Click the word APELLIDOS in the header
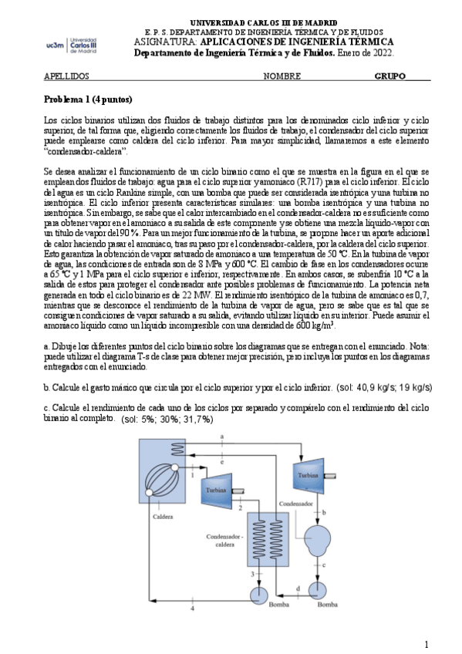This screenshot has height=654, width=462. click(x=66, y=77)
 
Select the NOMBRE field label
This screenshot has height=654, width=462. click(x=282, y=77)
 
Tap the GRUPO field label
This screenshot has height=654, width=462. click(x=390, y=77)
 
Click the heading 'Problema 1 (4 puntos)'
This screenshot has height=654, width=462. click(x=88, y=100)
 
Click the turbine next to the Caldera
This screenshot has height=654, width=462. click(x=218, y=489)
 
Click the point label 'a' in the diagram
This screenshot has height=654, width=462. click(x=222, y=437)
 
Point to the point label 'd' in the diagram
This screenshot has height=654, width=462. click(x=298, y=590)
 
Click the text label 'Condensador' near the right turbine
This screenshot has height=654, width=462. click(x=296, y=502)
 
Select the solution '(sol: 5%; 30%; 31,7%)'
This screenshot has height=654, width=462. click(x=167, y=419)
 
